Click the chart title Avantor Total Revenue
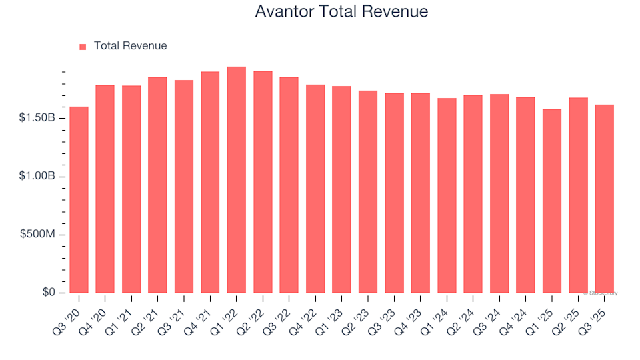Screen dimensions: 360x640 tap(341, 12)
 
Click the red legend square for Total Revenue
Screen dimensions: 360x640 tap(83, 47)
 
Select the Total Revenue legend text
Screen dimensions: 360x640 tap(130, 46)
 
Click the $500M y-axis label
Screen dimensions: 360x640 tap(37, 235)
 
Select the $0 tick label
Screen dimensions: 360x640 tap(49, 293)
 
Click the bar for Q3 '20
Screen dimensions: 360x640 tap(79, 200)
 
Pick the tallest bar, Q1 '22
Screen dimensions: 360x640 tap(237, 180)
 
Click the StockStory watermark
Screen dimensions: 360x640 tap(601, 293)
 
